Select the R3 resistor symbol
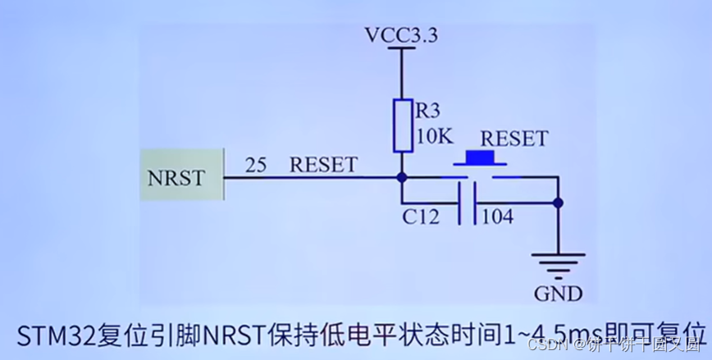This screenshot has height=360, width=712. point(402,125)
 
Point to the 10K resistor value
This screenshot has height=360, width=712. point(434,137)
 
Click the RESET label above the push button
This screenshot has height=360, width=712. point(513,139)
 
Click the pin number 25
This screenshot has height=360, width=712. point(256,165)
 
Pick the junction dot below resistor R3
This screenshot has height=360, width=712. point(402,176)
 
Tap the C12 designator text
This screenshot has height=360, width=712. point(421,218)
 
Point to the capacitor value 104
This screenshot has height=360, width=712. point(497,218)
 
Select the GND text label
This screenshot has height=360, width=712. point(558,294)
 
